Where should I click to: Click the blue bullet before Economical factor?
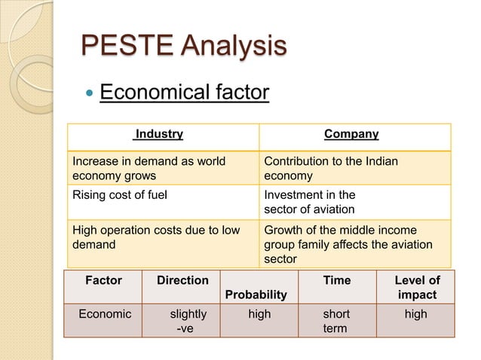click(90, 94)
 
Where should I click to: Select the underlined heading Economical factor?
click(184, 93)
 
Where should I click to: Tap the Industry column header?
click(158, 135)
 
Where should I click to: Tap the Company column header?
click(351, 135)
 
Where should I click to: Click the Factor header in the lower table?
click(103, 281)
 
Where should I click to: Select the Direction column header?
click(182, 281)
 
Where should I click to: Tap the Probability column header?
click(259, 294)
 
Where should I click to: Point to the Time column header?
click(336, 281)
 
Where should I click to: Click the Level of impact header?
click(417, 287)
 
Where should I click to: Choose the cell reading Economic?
click(105, 315)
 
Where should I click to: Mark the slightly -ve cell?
click(183, 322)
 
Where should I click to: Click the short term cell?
click(335, 322)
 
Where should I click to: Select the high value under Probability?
click(259, 315)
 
